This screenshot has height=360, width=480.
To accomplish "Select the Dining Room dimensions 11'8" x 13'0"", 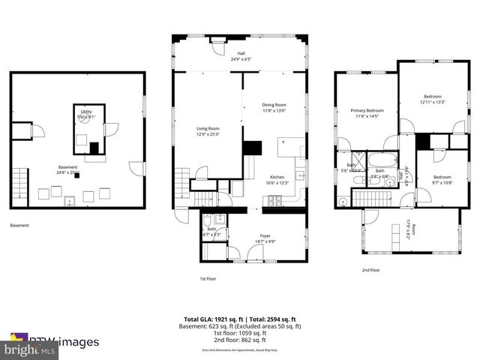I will (x=274, y=110).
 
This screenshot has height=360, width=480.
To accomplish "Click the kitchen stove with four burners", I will (x=274, y=201).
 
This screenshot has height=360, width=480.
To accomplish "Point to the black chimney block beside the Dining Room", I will (x=252, y=148).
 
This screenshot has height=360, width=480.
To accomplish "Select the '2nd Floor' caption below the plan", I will (x=370, y=270).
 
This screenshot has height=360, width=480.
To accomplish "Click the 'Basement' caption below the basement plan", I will (x=20, y=225).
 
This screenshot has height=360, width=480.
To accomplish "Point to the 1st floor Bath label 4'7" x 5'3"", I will (x=211, y=232).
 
